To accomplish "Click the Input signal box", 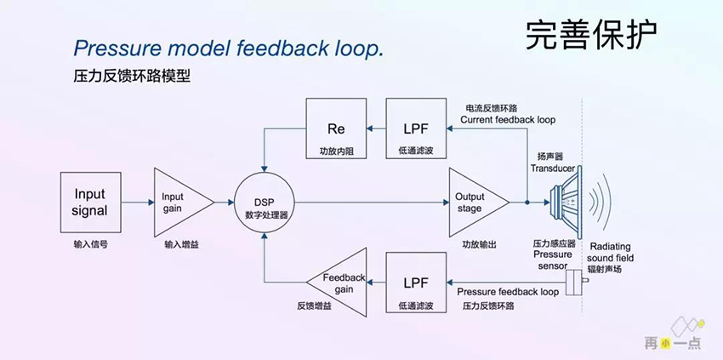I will (90, 202).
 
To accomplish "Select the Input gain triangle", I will (179, 202).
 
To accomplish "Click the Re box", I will (335, 129).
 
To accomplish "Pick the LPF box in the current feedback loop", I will (416, 129).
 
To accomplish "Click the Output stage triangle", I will (475, 203).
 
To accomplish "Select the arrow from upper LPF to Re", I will (375, 129).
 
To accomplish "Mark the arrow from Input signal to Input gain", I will (137, 203).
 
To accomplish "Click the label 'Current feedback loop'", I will (508, 121).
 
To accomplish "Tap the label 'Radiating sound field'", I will (610, 251).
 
